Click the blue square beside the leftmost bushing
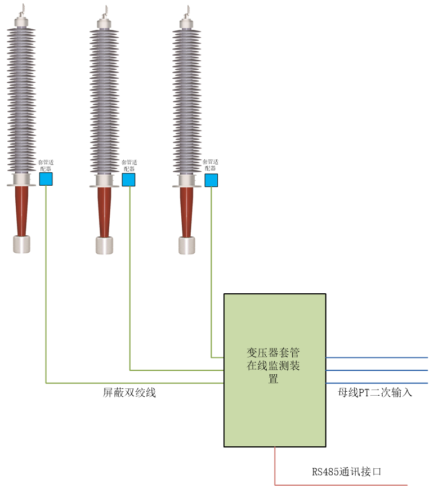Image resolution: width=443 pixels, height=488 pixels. [46, 179]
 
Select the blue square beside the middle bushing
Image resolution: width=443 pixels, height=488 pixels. [128, 180]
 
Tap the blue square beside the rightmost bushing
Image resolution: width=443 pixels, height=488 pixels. [211, 180]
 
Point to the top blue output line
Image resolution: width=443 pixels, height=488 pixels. [377, 357]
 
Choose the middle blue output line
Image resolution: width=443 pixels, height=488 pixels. [377, 370]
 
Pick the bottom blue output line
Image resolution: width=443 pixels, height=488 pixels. [377, 383]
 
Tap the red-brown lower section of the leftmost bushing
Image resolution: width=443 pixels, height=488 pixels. [21, 211]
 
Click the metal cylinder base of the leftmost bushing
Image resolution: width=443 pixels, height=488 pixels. [21, 244]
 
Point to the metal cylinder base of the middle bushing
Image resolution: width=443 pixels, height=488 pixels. [104, 245]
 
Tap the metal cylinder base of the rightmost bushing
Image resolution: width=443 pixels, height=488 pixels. [187, 245]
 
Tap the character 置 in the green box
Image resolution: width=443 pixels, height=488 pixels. [274, 379]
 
